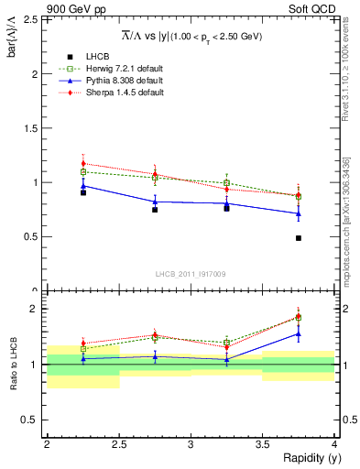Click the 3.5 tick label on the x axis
point(262,444)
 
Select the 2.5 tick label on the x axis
point(118,444)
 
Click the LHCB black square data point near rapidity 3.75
point(299,238)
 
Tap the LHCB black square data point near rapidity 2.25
point(83,192)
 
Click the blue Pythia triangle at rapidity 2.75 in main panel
point(155,202)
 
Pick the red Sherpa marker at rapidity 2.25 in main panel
point(83,164)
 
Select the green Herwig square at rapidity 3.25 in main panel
point(226,183)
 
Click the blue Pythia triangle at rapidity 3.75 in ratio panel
point(299,334)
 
